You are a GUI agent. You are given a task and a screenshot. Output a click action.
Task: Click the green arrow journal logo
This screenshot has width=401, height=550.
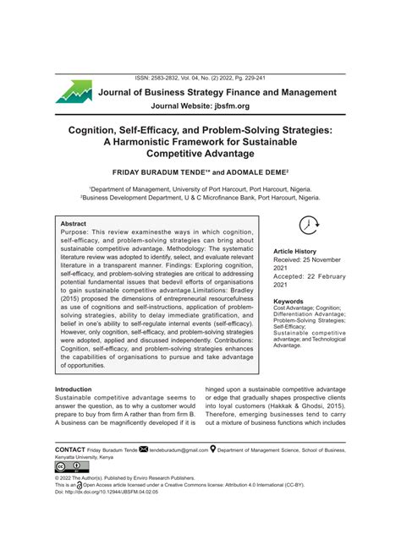click(x=74, y=91)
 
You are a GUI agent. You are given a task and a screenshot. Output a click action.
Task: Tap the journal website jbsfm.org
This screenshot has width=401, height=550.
click(x=227, y=107)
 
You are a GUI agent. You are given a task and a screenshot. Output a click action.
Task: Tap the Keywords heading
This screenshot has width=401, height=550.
click(x=289, y=301)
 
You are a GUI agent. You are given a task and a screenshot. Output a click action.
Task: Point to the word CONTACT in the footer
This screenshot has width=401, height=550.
click(x=69, y=450)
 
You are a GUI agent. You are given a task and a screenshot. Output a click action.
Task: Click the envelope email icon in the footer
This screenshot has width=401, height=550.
click(x=143, y=449)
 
